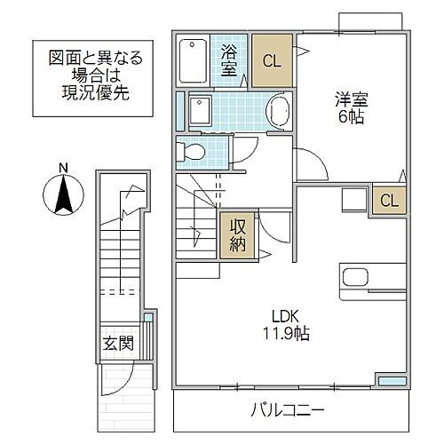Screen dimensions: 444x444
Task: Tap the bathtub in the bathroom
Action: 191,59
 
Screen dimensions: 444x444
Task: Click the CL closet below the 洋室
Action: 390,201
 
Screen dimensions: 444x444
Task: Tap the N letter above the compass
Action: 61,167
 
